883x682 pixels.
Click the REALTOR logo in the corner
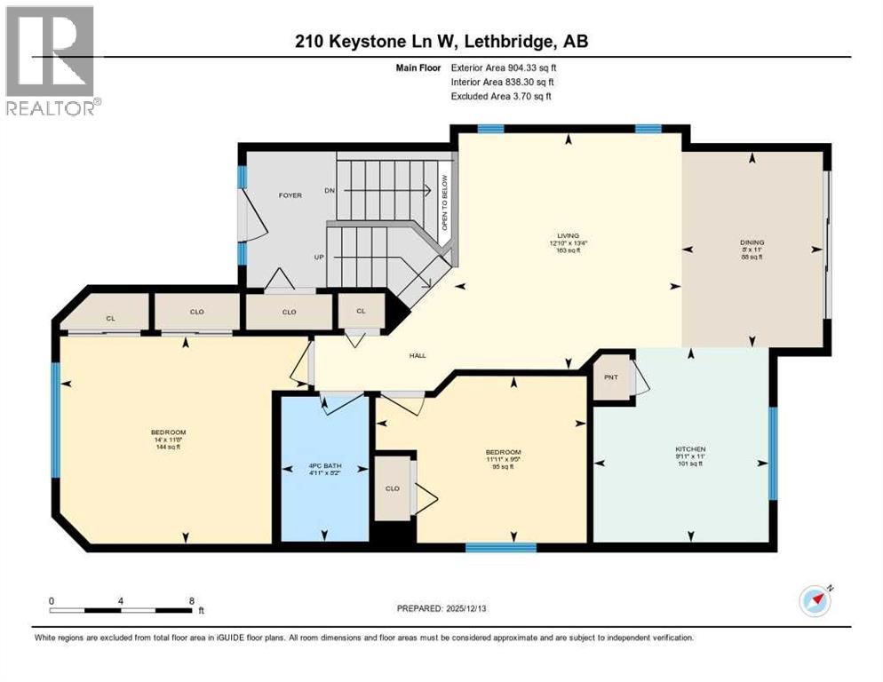pos(51,60)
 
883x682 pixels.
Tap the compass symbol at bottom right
pos(815,601)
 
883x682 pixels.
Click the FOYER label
pos(290,195)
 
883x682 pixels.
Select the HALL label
pos(417,356)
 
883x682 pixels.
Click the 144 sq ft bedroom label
pos(168,440)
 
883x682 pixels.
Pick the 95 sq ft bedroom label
pos(503,458)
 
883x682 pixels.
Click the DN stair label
pos(330,191)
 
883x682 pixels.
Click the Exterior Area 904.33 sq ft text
pos(505,67)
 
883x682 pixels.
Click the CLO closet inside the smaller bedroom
pos(392,488)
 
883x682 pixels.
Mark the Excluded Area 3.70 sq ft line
pos(501,96)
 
